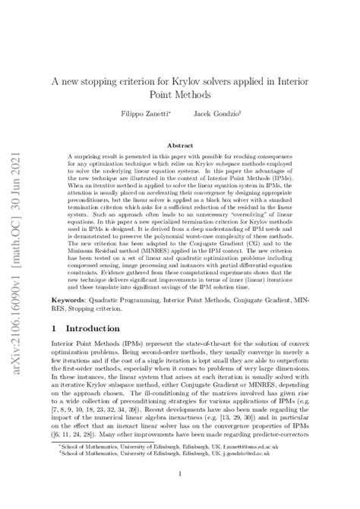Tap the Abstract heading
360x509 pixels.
[x=180, y=144]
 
